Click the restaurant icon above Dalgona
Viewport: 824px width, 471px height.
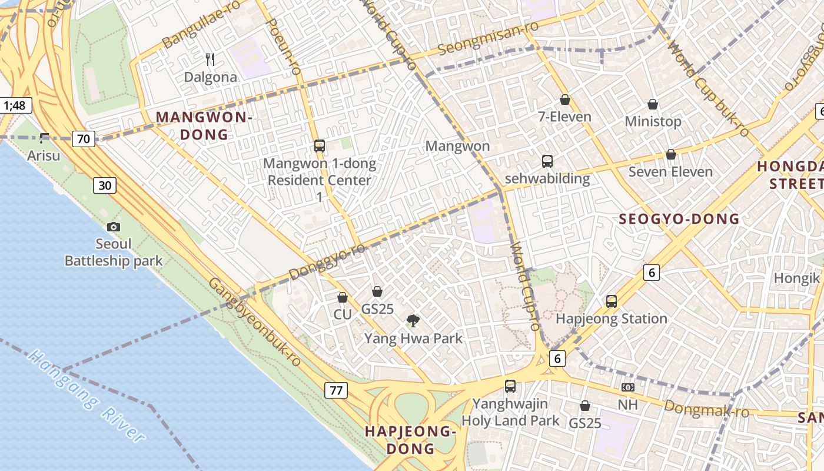pyautogui.click(x=210, y=59)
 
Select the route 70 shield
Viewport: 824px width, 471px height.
pyautogui.click(x=84, y=139)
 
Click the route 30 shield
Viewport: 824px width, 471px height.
pyautogui.click(x=104, y=185)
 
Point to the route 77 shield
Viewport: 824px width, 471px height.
pyautogui.click(x=335, y=390)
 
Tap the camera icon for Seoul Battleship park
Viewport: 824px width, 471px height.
pyautogui.click(x=114, y=227)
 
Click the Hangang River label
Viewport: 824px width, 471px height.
pyautogui.click(x=87, y=396)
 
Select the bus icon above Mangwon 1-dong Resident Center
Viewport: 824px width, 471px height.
pyautogui.click(x=320, y=145)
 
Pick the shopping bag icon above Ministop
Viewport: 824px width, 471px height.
pyautogui.click(x=653, y=105)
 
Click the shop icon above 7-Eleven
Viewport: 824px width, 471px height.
pyautogui.click(x=565, y=99)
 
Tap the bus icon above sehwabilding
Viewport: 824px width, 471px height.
pyautogui.click(x=547, y=161)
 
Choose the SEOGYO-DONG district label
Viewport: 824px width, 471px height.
pyautogui.click(x=679, y=220)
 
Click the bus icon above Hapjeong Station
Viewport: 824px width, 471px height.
pyautogui.click(x=612, y=301)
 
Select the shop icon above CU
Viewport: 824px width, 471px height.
pyautogui.click(x=343, y=298)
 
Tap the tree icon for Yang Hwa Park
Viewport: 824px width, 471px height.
pyautogui.click(x=413, y=321)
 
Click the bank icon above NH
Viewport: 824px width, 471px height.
pyautogui.click(x=628, y=387)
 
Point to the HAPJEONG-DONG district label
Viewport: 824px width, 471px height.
pyautogui.click(x=410, y=440)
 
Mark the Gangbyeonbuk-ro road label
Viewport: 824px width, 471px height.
pyautogui.click(x=254, y=322)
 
